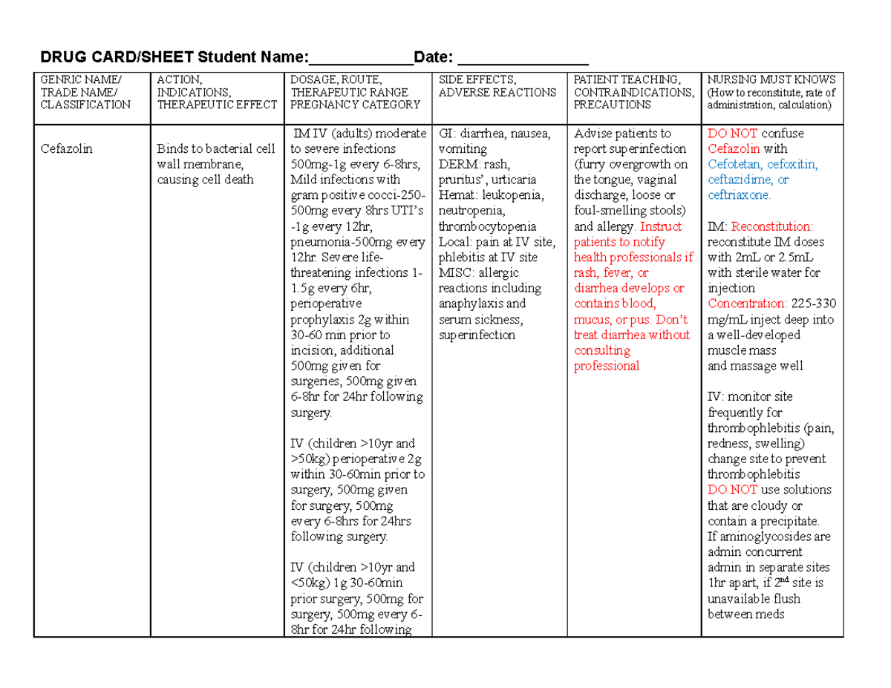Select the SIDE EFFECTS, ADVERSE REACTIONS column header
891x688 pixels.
(497, 86)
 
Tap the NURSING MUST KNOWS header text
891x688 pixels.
(771, 79)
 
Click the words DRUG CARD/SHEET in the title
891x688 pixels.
(117, 57)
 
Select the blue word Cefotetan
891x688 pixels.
(734, 164)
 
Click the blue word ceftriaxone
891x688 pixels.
(739, 195)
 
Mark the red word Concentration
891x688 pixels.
(746, 304)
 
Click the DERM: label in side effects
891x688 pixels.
(457, 164)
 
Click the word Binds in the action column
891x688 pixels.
(172, 148)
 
